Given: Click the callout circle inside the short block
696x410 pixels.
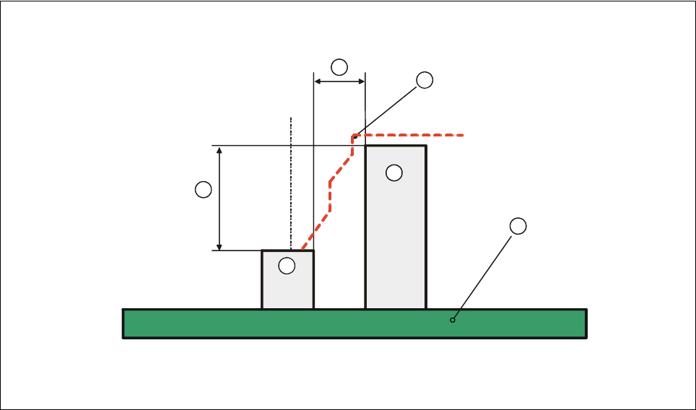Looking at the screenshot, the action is point(287,266).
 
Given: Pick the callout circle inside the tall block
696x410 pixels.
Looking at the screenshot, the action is point(393,173).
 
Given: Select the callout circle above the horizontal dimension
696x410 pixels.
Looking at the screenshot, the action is point(339,68).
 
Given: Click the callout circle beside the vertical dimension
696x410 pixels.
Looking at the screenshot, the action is point(204,190).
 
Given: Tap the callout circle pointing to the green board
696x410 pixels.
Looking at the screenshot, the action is point(518,226).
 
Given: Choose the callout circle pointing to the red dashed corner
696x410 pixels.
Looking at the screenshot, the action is point(425,80).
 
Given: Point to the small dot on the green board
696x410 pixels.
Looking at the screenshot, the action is point(453,320).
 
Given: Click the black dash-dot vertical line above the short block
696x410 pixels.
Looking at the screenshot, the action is point(290,180).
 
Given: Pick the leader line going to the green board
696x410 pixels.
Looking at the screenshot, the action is point(484,274).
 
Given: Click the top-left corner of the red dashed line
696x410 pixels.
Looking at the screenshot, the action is point(353,135).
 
